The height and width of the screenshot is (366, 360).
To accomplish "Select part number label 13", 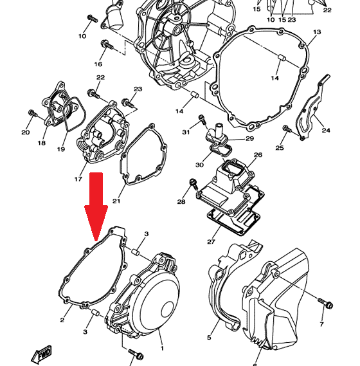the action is pos(317,32).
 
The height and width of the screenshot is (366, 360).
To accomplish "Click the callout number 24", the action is pos(326,130).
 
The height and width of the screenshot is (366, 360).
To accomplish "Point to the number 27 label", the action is pos(211,242).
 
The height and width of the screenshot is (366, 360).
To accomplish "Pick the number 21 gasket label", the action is pos(116,201).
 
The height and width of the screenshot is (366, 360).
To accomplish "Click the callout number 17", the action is pos(78,179).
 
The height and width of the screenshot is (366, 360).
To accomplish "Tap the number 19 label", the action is pos(61,149).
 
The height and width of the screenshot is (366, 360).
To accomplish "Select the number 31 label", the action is pos(186,132).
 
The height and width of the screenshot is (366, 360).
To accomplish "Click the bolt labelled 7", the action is pos(325,303).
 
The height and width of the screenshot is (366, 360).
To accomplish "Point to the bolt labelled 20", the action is pos(32,113).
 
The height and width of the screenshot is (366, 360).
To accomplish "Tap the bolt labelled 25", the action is pos(287,129).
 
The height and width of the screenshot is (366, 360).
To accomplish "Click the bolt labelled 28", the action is pos(194,183).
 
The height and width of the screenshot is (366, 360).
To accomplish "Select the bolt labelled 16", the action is pos(107,44).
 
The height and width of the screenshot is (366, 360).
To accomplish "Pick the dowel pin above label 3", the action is pos(136,252).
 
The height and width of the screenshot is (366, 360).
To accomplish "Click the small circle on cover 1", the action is pos(168,309).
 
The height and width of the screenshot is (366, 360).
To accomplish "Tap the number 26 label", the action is pos(258,155).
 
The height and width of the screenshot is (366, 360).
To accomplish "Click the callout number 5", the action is pos(209,337).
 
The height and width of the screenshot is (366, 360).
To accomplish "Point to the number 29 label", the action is pos(249,138).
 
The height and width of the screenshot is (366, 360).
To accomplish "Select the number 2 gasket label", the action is pos(62,320).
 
